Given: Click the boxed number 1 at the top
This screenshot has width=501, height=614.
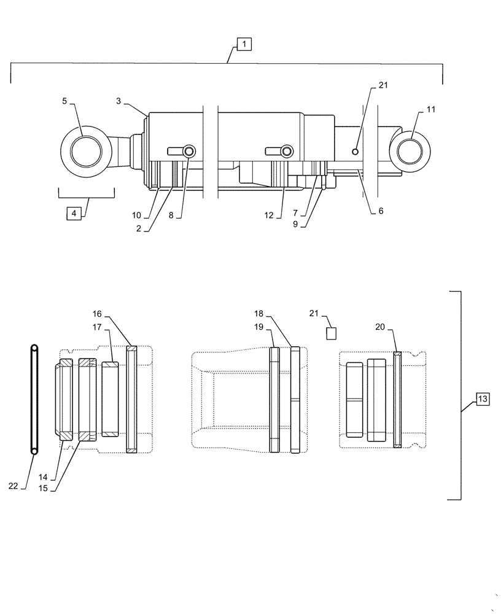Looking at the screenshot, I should tap(244, 44).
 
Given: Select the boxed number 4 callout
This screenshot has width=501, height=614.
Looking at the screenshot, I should tap(74, 214).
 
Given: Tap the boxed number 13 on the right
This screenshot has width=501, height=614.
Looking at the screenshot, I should tap(482, 399).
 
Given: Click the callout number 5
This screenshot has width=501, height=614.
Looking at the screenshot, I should tap(64, 101).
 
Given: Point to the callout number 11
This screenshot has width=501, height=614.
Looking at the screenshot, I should tap(430, 109).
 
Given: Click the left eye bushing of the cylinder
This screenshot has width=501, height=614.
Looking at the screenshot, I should tap(86, 151).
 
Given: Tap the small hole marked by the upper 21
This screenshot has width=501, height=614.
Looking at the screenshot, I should tap(355, 152).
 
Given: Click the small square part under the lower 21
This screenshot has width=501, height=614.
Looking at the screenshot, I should tap(332, 333).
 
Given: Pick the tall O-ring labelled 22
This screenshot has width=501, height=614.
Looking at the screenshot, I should tap(34, 399).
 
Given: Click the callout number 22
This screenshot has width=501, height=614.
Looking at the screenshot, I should tap(13, 486).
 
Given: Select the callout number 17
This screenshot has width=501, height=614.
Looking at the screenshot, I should tap(97, 328).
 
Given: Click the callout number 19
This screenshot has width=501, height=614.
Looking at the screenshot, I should tap(260, 327).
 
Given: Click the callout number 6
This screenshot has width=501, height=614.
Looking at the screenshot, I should tap(381, 211).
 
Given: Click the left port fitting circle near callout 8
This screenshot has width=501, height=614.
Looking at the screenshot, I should tap(189, 151).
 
